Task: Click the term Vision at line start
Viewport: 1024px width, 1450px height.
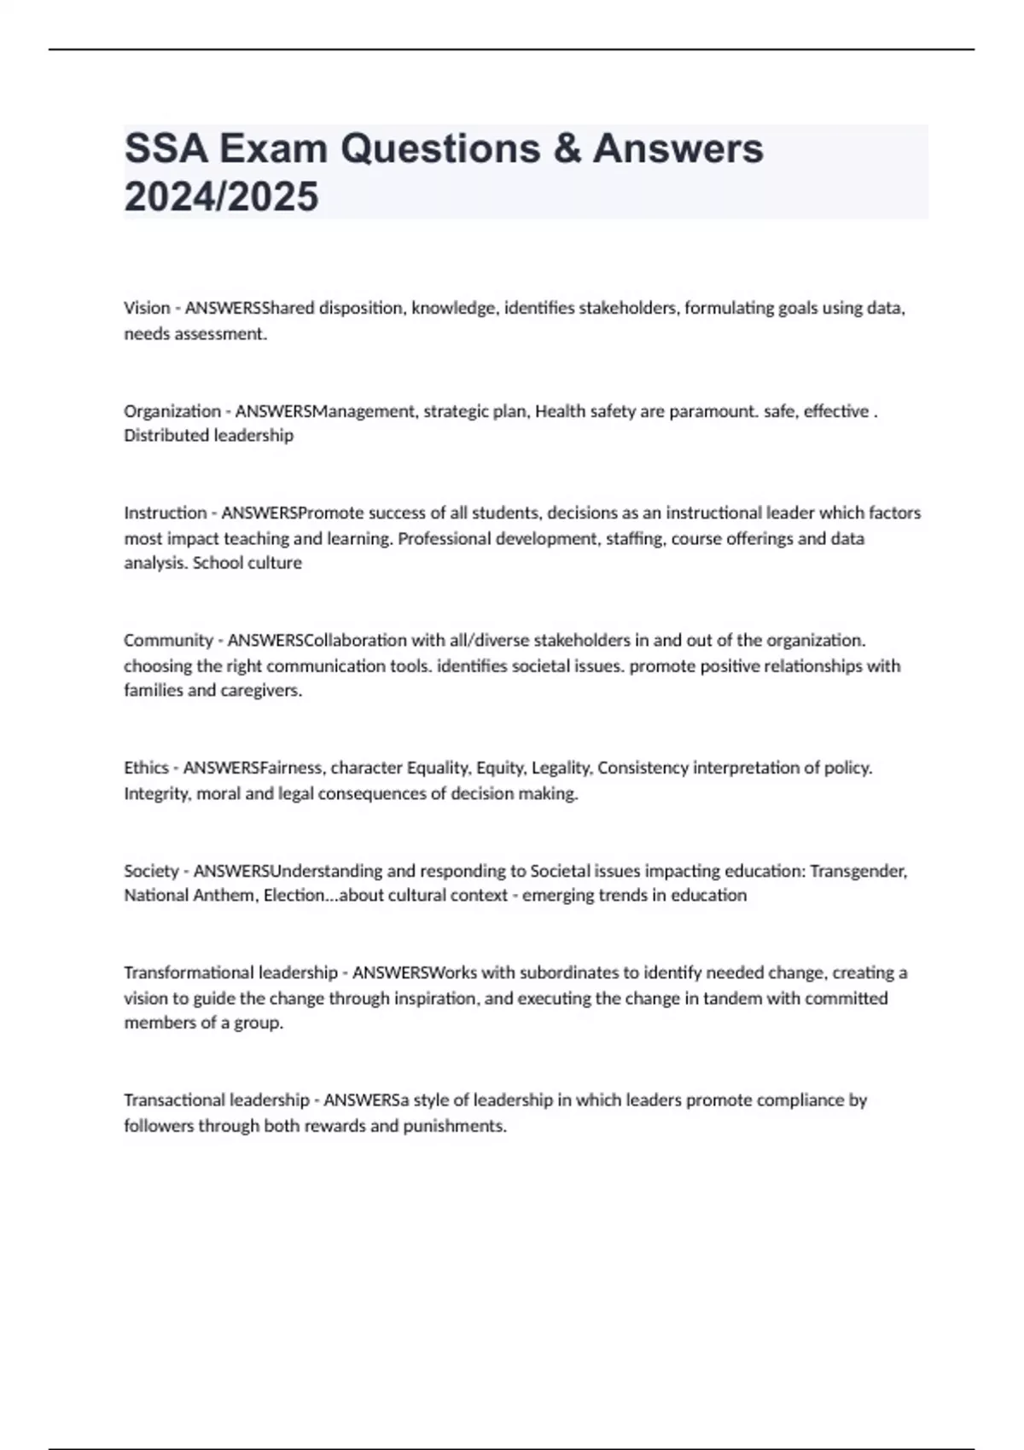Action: pyautogui.click(x=147, y=308)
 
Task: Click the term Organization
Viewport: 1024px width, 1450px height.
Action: pyautogui.click(x=172, y=411)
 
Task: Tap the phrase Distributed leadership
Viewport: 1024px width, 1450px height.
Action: pyautogui.click(x=208, y=436)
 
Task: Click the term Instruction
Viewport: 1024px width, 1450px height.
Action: pyautogui.click(x=166, y=513)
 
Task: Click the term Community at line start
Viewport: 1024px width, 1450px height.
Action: pyautogui.click(x=168, y=641)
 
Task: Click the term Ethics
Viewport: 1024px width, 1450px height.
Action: pyautogui.click(x=146, y=768)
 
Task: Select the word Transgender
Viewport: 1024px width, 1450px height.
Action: pyautogui.click(x=858, y=871)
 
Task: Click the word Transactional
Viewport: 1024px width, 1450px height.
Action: pyautogui.click(x=174, y=1100)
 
